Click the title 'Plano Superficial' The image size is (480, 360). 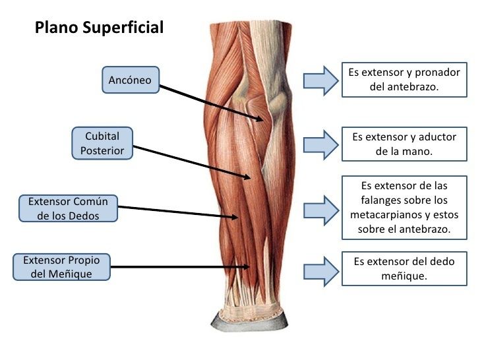[99, 28]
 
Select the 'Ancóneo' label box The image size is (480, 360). [130, 80]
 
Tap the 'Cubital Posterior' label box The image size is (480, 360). [102, 144]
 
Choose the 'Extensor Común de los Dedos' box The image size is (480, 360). [68, 208]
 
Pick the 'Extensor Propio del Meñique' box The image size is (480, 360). [62, 266]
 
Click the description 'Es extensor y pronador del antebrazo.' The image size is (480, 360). [404, 80]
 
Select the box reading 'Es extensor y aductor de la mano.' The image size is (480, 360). [404, 144]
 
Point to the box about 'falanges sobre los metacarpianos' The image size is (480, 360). [404, 207]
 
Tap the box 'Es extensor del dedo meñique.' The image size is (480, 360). [404, 268]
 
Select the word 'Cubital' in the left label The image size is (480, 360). [102, 136]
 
